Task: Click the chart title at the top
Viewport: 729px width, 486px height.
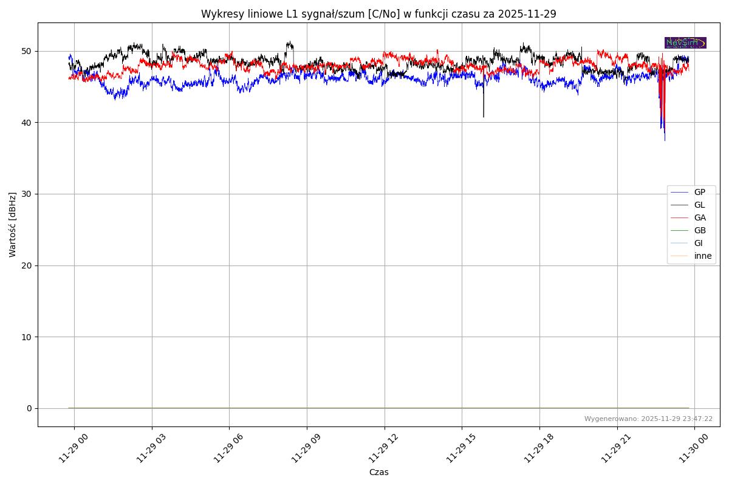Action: (x=378, y=14)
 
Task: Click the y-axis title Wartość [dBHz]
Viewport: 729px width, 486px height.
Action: (x=13, y=224)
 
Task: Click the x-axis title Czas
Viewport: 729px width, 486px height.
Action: (x=378, y=472)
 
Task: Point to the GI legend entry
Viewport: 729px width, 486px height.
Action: (x=698, y=243)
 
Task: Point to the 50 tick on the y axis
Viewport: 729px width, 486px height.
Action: (x=27, y=51)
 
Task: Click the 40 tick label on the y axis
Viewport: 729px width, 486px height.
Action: (x=27, y=123)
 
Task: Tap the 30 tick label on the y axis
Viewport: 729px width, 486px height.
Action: (x=27, y=194)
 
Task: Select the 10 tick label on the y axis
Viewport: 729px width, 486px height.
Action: (x=27, y=337)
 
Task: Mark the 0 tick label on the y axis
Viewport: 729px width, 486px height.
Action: (x=29, y=408)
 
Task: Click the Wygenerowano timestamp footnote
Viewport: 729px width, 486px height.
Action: (x=648, y=419)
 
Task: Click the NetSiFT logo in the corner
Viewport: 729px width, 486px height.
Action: (x=685, y=43)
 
